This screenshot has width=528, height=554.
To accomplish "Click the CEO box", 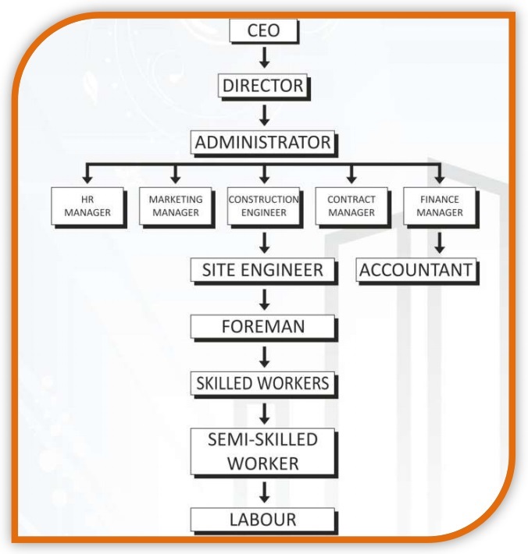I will click(x=263, y=31).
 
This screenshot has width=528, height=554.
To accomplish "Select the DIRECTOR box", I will click(x=263, y=86).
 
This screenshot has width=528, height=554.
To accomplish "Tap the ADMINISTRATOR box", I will click(x=263, y=143).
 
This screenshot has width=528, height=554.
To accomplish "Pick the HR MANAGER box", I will click(x=87, y=206).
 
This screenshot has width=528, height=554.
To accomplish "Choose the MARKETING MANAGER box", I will click(x=174, y=206).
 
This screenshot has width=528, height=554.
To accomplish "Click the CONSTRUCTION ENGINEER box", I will click(x=263, y=206).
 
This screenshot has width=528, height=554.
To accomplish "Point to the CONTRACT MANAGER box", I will click(x=351, y=206).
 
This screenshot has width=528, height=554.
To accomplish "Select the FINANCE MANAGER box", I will click(x=440, y=206).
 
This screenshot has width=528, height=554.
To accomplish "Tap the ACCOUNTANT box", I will click(x=416, y=270).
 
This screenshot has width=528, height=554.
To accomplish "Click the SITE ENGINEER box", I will click(x=263, y=270).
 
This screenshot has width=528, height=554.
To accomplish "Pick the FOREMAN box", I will click(x=263, y=327).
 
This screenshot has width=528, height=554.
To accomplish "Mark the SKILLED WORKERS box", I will click(x=263, y=383).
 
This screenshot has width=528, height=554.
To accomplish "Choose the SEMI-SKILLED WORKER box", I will click(x=263, y=450).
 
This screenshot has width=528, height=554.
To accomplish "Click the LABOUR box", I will click(x=263, y=519).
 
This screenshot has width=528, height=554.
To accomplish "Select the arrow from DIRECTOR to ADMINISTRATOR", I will click(x=264, y=115).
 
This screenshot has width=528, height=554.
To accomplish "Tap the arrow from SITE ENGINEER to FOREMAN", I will click(x=264, y=299).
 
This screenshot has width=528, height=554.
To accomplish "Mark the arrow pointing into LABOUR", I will click(x=264, y=492).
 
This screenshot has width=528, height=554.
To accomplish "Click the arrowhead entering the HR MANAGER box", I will click(x=87, y=178).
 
